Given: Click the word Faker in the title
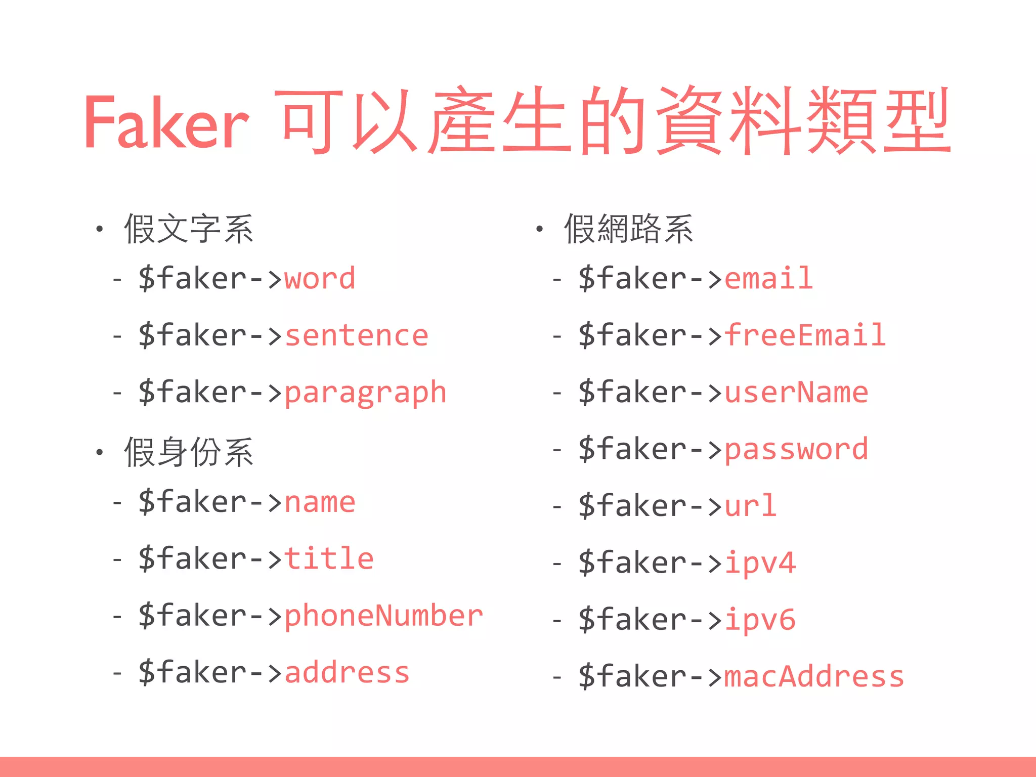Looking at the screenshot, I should coord(166,123).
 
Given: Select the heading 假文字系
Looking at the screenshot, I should coord(189,229).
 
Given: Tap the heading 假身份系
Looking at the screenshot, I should coord(189,452).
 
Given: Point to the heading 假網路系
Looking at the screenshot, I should coord(628,229).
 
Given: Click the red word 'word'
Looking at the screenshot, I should coord(320,279).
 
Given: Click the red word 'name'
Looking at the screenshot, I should coord(320,502).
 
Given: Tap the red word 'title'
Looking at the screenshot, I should coord(329,558).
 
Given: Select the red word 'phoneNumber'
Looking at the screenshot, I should coord(383,616).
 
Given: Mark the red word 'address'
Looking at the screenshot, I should coord(347,673).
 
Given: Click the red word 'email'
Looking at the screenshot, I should coord(768,278).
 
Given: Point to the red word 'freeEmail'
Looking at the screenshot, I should coord(805,335).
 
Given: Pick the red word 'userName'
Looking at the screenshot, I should coord(796,393).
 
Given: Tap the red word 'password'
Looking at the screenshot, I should coord(796,449).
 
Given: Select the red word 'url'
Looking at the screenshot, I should coord(750,506).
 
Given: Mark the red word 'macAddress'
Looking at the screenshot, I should coord(814,677).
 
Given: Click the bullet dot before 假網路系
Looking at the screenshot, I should coord(539,229).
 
